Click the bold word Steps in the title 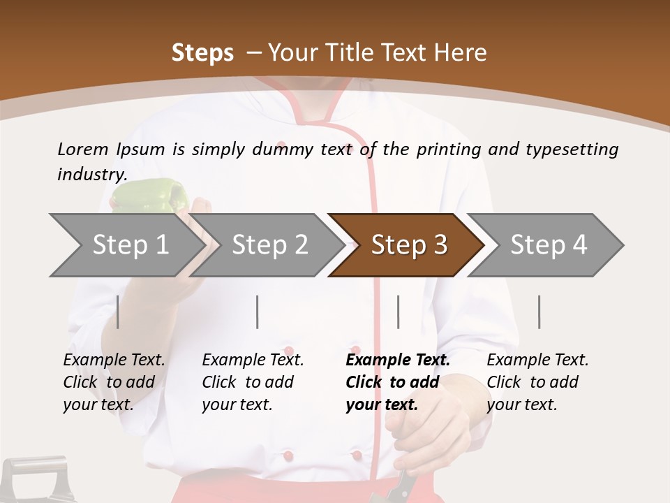click(x=202, y=53)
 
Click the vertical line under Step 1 click(x=118, y=312)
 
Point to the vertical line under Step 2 click(x=258, y=312)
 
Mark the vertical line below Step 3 click(x=399, y=312)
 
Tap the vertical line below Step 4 click(x=539, y=312)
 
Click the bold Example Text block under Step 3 click(x=398, y=382)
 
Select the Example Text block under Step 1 click(x=114, y=382)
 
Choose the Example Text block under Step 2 click(x=253, y=382)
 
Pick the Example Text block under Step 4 click(x=537, y=382)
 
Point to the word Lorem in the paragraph click(x=83, y=150)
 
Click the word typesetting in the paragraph click(x=572, y=150)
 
